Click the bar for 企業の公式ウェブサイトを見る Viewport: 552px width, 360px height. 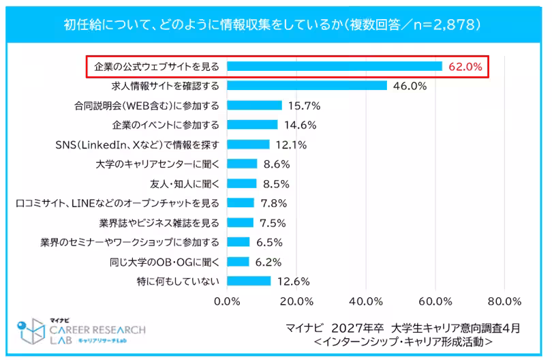tap(335, 66)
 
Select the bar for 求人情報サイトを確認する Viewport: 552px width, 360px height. tap(307, 86)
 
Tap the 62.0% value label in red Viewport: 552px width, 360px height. tap(466, 67)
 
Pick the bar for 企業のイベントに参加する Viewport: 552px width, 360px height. tap(252, 125)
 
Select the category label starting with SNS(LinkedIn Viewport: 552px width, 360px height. tap(136, 145)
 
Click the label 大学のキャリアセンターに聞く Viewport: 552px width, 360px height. tap(157, 164)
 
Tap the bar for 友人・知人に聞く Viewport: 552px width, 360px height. tap(242, 183)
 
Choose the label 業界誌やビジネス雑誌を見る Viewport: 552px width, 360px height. tap(159, 223)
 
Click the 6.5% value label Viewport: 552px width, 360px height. tap(269, 242)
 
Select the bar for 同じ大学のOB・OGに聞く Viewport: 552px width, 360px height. tap(238, 262)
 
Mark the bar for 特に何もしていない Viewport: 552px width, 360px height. tap(249, 281)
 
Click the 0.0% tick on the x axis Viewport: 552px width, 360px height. tap(227, 301)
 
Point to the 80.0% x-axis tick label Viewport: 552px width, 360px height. tap(505, 301)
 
